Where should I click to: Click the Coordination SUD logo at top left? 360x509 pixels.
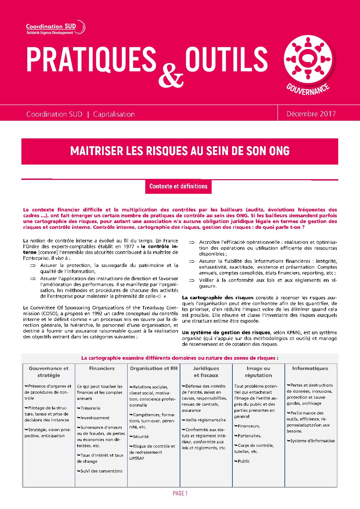(x=55, y=28)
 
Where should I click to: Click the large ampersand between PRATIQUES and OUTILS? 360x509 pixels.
(x=171, y=75)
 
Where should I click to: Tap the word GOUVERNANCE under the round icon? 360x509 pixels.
(x=308, y=89)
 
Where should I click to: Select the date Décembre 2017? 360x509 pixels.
(x=311, y=114)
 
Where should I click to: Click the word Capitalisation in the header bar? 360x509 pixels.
(x=114, y=114)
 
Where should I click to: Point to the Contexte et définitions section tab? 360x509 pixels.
(x=178, y=186)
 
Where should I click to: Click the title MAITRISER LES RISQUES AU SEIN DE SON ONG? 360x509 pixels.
(x=180, y=151)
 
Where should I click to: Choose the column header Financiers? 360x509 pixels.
(x=102, y=368)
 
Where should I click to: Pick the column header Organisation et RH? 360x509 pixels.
(x=154, y=368)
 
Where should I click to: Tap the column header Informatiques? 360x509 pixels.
(x=310, y=368)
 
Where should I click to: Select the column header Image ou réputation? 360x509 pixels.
(x=258, y=372)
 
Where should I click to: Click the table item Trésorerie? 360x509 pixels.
(x=90, y=408)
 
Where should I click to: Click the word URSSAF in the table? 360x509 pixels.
(x=137, y=458)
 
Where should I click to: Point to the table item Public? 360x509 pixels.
(x=244, y=461)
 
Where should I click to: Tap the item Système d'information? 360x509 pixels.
(x=312, y=441)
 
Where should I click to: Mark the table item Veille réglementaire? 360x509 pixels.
(x=206, y=420)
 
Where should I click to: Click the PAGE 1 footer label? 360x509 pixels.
(x=180, y=493)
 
